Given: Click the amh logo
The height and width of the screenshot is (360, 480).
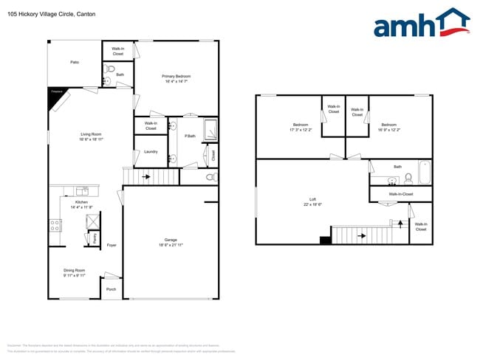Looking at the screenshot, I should (421, 24).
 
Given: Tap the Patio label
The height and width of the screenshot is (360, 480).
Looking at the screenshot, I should (75, 63).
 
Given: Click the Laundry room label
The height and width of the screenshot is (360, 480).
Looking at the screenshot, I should (151, 151).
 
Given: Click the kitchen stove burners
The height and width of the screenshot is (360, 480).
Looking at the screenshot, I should (55, 225).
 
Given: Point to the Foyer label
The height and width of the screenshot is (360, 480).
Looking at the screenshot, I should (112, 245).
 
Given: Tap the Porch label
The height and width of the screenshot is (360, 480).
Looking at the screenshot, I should (112, 289).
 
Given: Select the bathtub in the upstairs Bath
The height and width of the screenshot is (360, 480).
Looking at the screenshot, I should (425, 173).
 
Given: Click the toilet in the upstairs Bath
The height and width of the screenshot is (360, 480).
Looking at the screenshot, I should (407, 179).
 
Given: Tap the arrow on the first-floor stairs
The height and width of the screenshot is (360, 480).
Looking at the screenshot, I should (146, 177).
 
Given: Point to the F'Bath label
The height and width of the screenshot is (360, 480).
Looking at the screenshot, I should (191, 136).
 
